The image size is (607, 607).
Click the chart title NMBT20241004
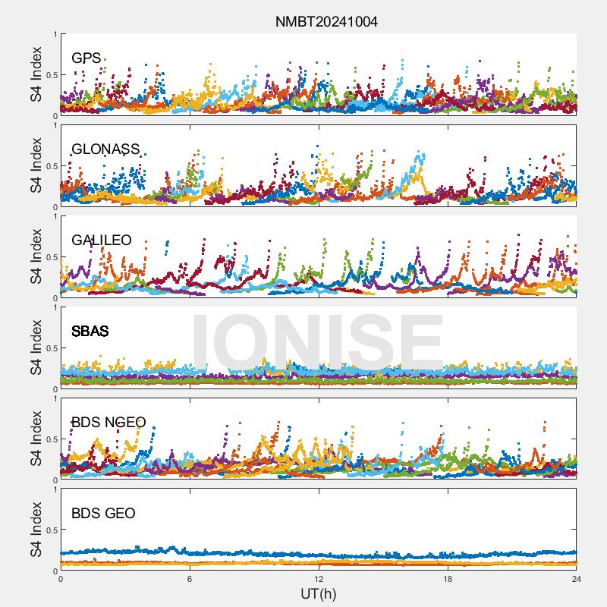coord(326,21)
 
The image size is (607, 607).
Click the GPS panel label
coord(86,58)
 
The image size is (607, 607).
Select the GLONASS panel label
coord(105,149)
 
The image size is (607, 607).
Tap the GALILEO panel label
coord(102,240)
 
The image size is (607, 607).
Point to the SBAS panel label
coord(90,331)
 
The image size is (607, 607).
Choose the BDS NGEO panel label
coord(109,422)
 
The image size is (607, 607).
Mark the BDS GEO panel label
coord(103,514)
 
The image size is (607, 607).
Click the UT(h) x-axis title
coord(318,593)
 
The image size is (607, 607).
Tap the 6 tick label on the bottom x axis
coord(190,579)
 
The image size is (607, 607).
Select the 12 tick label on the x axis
coord(319,579)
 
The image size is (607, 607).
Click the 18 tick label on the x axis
coord(448,579)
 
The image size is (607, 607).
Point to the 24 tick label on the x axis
coord(577,579)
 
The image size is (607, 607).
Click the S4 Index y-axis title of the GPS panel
coord(36,74)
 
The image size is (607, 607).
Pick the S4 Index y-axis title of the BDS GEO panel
coord(36,530)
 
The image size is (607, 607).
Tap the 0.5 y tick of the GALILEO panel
coord(52,257)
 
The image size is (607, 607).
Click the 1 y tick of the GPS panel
coord(55,34)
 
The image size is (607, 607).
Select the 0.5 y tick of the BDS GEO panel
coord(52,530)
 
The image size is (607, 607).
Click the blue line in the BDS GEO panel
coord(319,555)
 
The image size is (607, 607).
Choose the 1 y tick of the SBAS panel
coord(55,308)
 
